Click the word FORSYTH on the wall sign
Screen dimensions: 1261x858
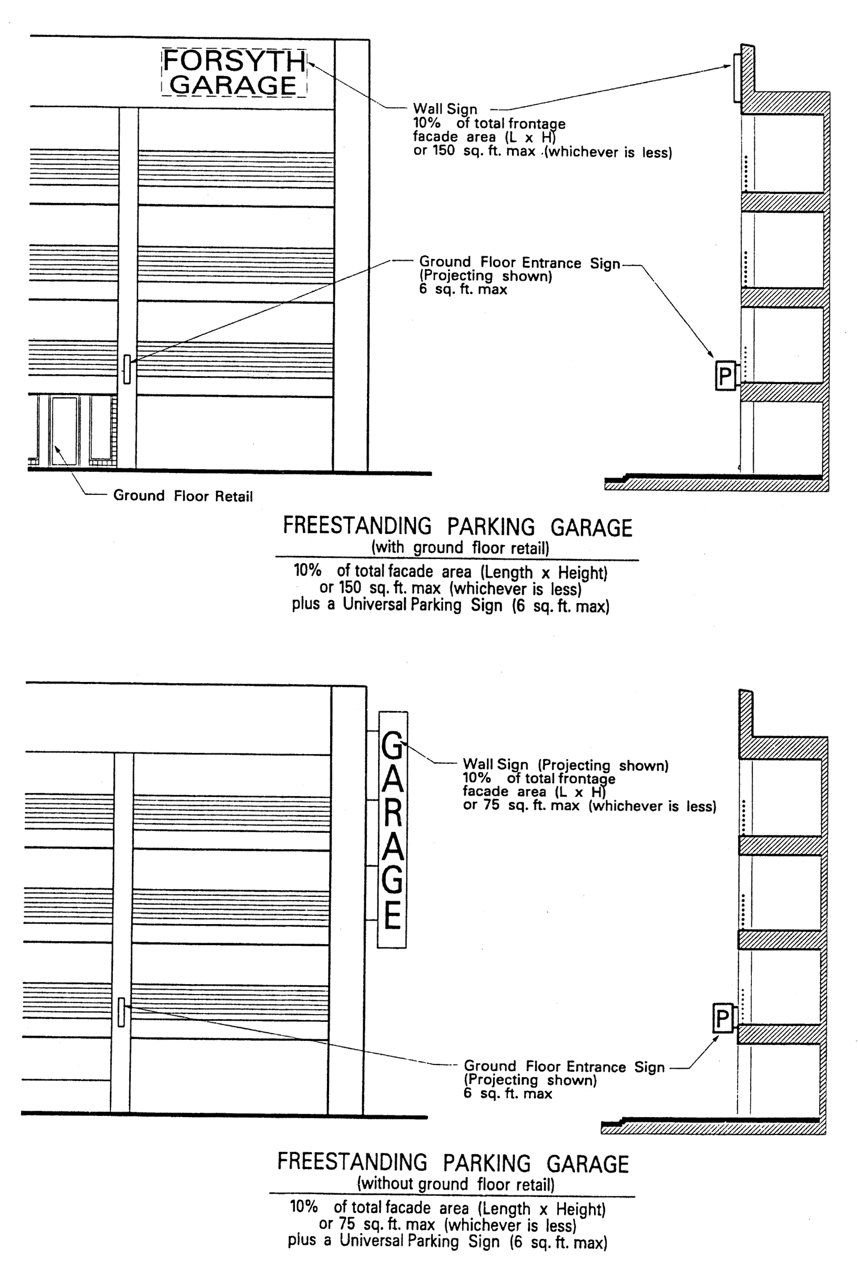coord(234,60)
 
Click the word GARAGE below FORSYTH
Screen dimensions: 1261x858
coord(233,85)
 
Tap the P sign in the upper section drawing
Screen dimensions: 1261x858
coord(725,376)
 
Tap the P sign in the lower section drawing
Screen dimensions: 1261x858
coord(722,1018)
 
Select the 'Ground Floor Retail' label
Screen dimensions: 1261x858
coord(182,496)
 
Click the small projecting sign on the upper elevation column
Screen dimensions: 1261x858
coord(127,369)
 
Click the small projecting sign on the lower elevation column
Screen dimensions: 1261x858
coord(121,1012)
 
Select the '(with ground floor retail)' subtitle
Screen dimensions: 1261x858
coord(460,547)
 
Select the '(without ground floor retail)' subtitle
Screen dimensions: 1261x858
coord(456,1184)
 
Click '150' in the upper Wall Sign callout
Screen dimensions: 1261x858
coord(443,150)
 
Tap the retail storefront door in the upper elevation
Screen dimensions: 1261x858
coord(64,431)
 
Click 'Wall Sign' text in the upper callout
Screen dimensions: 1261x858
coord(445,109)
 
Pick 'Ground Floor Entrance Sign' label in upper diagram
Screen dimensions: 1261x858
coord(519,263)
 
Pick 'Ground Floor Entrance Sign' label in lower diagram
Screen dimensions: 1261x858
coord(564,1067)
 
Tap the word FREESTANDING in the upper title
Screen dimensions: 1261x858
coord(357,526)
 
